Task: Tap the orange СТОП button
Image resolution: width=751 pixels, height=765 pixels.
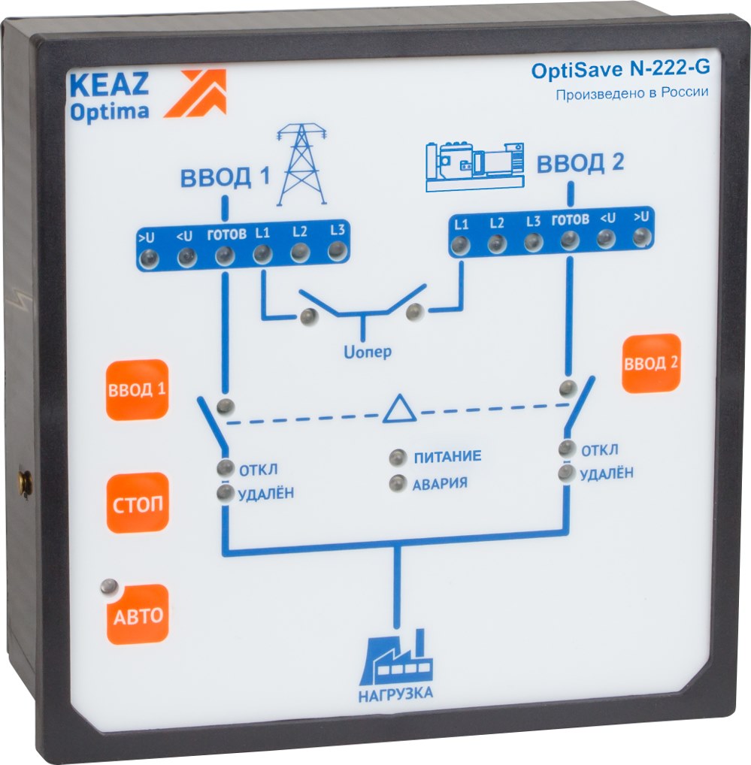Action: pyautogui.click(x=138, y=503)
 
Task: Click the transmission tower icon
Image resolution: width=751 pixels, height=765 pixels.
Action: pyautogui.click(x=302, y=165)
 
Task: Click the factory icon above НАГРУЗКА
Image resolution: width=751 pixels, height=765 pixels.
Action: pyautogui.click(x=396, y=659)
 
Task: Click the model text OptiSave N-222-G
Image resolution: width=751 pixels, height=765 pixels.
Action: pyautogui.click(x=620, y=70)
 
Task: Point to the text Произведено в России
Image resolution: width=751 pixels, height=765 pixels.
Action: pyautogui.click(x=632, y=94)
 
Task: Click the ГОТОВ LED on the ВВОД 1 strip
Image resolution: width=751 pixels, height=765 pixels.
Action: pyautogui.click(x=224, y=256)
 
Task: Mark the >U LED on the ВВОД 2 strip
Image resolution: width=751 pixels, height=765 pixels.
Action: pyautogui.click(x=640, y=237)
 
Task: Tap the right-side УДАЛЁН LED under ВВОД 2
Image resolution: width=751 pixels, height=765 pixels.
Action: pyautogui.click(x=566, y=473)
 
